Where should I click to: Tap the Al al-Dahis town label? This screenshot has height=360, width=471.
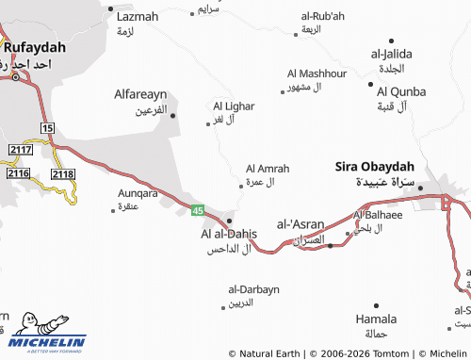tap(229, 234)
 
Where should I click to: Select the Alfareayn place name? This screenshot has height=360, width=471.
tap(140, 95)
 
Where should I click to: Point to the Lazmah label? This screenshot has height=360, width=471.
tap(138, 17)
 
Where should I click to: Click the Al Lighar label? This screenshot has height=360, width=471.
tap(233, 106)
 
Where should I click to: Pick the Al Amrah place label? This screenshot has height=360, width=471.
tap(268, 168)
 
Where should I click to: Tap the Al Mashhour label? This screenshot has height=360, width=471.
tap(317, 74)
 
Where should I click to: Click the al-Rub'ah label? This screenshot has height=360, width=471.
tap(322, 16)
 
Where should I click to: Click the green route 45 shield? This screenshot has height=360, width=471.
tap(197, 210)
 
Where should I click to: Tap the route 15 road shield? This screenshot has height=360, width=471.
tap(47, 127)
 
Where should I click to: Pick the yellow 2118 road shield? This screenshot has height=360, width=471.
tap(63, 174)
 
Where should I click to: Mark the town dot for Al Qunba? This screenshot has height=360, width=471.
tap(370, 83)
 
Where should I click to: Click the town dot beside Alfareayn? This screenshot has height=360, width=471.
tap(172, 116)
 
